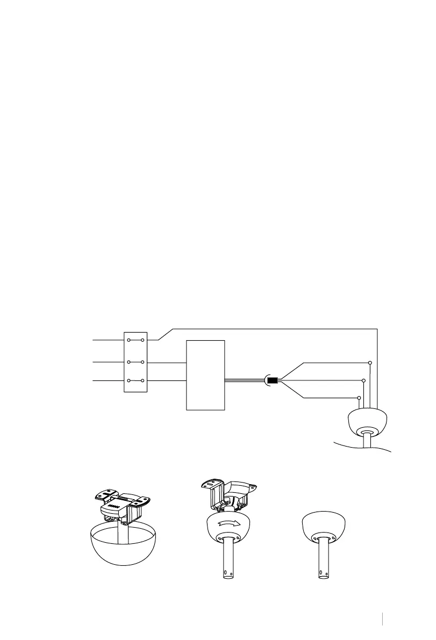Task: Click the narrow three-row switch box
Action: coord(135,362)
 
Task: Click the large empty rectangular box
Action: coord(205,375)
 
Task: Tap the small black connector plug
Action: coord(272,382)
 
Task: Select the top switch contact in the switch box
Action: coord(135,340)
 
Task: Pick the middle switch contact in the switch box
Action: coord(135,362)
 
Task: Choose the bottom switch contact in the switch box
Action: coord(135,381)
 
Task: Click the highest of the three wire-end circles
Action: coord(370,363)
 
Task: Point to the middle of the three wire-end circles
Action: coord(364,380)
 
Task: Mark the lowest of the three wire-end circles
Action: coord(359,398)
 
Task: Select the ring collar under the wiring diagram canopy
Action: coord(368,433)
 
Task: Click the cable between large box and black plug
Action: coord(245,381)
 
